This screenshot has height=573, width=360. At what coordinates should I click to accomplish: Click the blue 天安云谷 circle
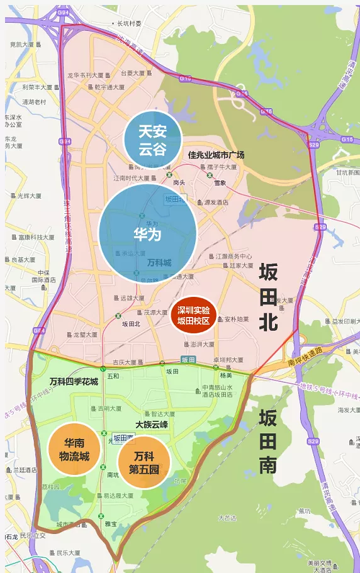(x=152, y=140)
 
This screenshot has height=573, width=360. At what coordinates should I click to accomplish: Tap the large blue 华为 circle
(x=147, y=233)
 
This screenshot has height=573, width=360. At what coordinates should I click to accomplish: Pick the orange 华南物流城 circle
(x=74, y=449)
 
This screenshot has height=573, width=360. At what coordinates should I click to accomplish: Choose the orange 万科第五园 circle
(x=144, y=462)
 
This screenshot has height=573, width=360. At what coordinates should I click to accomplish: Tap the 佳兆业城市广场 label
(x=216, y=155)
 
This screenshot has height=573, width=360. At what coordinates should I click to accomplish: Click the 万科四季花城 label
(x=74, y=382)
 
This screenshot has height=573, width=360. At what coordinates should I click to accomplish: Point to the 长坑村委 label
(x=128, y=24)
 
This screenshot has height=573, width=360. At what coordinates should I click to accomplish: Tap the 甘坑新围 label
(x=346, y=172)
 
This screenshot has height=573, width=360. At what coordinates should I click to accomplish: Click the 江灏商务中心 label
(x=233, y=257)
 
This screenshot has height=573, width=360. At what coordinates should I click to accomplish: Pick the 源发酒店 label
(x=216, y=203)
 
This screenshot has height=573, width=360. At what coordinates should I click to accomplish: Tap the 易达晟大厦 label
(x=118, y=496)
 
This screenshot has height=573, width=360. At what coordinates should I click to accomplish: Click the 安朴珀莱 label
(x=236, y=320)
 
